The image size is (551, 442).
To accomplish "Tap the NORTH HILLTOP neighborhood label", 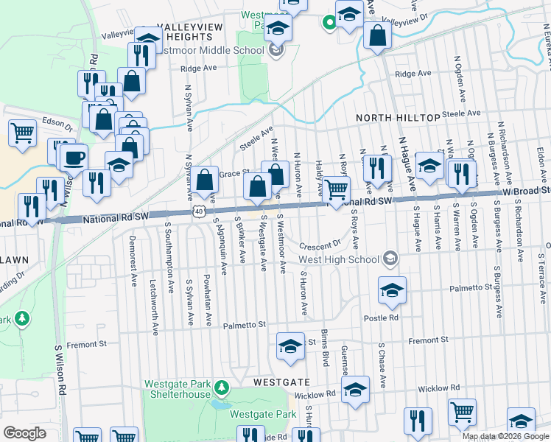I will [398, 118].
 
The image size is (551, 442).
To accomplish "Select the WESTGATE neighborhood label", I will [281, 383].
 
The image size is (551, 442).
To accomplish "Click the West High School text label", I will [339, 259].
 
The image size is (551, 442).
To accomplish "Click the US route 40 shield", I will [199, 211].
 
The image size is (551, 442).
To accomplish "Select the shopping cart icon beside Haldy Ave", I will [337, 189].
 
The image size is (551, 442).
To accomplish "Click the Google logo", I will [25, 433].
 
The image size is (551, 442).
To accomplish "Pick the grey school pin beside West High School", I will [390, 259].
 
